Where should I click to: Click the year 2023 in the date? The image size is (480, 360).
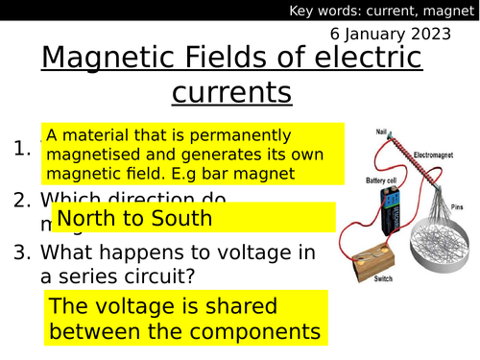tap(446, 32)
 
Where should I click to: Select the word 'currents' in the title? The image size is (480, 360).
tap(230, 93)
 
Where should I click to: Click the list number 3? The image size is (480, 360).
tap(22, 252)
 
